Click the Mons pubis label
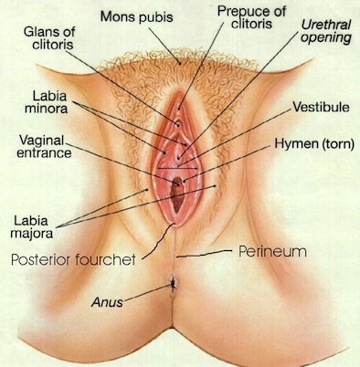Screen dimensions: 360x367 pyautogui.click(x=137, y=17)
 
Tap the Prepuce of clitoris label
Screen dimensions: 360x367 pyautogui.click(x=251, y=17)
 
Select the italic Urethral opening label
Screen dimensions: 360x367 pyautogui.click(x=326, y=32)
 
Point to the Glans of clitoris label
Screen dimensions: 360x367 pyautogui.click(x=49, y=38)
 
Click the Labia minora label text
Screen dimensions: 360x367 pyautogui.click(x=47, y=102)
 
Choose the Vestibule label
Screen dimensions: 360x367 pyautogui.click(x=321, y=107)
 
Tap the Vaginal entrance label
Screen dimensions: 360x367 pyautogui.click(x=44, y=146)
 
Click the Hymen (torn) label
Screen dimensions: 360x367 pyautogui.click(x=314, y=143)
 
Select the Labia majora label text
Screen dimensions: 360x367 pyautogui.click(x=32, y=227)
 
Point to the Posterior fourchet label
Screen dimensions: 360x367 pyautogui.click(x=73, y=260)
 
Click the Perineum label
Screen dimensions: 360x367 pyautogui.click(x=272, y=252)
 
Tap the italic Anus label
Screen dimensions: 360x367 pyautogui.click(x=107, y=302)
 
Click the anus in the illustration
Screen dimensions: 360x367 pyautogui.click(x=173, y=283)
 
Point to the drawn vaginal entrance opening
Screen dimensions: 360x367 pyautogui.click(x=177, y=194)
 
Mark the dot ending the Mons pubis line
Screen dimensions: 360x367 pyautogui.click(x=180, y=64)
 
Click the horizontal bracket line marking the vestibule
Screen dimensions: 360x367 pyautogui.click(x=177, y=168)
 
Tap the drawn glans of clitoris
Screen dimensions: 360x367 pyautogui.click(x=178, y=124)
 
